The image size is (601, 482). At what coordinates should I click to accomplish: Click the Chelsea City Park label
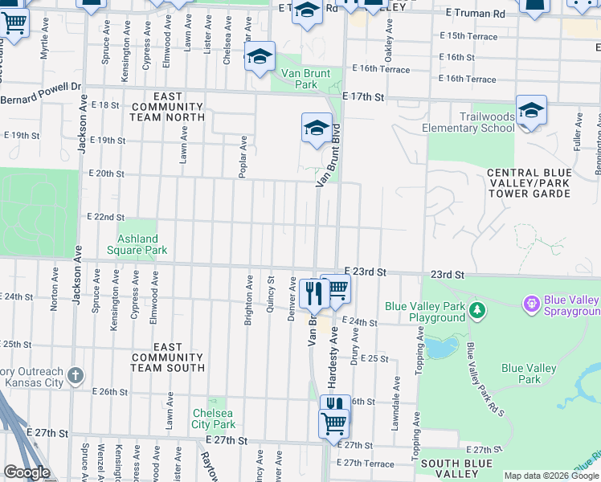(x=214, y=419)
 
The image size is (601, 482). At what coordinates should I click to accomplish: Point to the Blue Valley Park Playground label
(x=425, y=312)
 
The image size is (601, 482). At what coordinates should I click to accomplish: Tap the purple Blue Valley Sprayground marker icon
(x=530, y=304)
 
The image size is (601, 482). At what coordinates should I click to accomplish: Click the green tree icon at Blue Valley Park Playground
(x=477, y=309)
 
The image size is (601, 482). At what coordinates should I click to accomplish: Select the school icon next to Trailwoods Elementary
(x=531, y=110)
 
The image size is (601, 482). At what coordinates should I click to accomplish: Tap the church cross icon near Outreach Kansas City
(x=75, y=375)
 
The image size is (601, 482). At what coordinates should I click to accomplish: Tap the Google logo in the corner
(x=27, y=472)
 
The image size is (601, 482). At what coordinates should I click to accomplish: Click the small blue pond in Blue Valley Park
(x=438, y=348)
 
